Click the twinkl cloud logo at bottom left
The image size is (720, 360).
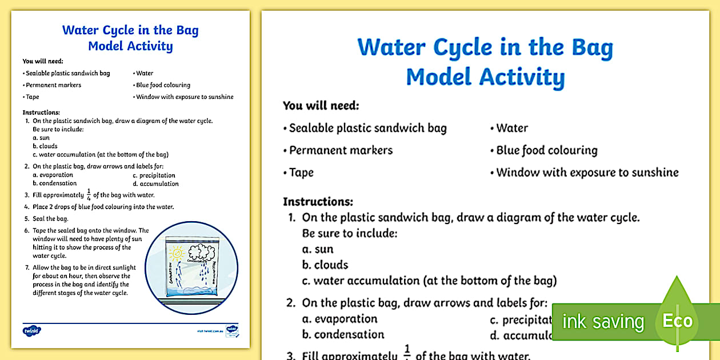(32, 330)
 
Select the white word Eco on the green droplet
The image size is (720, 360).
(677, 321)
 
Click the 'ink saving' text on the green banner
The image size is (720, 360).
(603, 322)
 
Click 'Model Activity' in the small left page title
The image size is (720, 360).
(130, 46)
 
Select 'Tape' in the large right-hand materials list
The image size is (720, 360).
(301, 173)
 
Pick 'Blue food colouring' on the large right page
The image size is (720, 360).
(546, 150)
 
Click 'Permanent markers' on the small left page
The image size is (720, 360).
(54, 85)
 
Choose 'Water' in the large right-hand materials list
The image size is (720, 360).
(511, 128)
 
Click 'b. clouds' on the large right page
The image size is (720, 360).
(325, 265)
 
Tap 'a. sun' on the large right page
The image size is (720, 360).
(318, 249)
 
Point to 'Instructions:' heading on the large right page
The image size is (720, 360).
(318, 202)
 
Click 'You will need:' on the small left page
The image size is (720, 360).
(43, 61)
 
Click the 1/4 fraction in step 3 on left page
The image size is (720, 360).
(88, 195)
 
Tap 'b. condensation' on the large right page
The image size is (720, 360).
(343, 335)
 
